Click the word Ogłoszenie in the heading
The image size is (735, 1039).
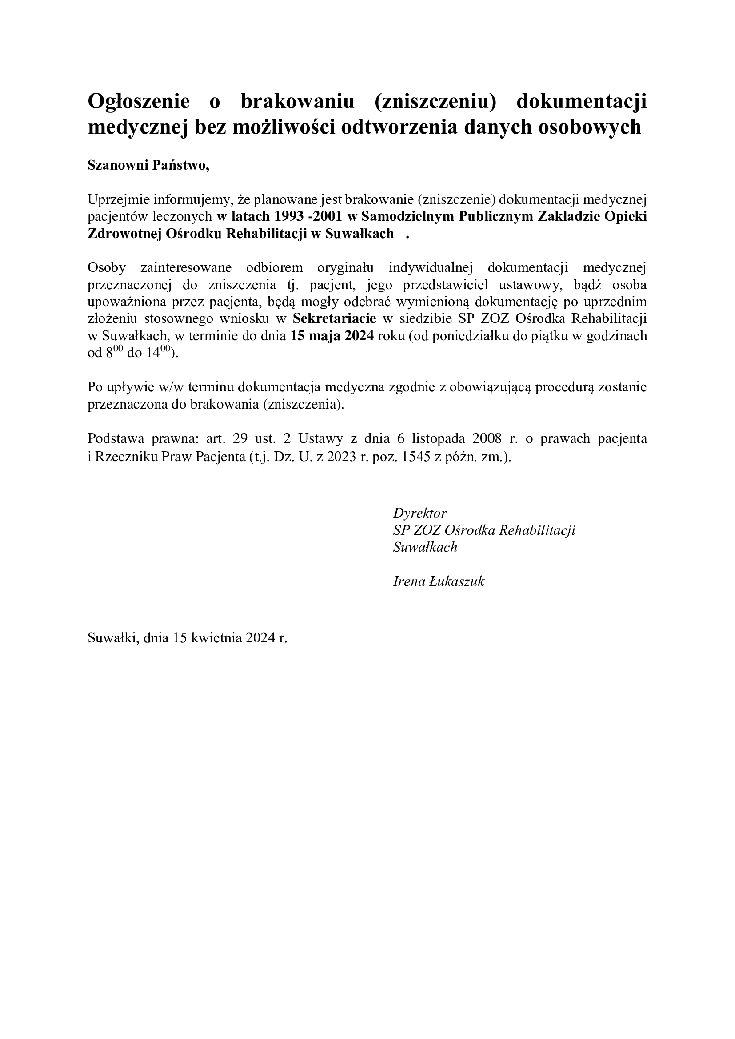coord(139,101)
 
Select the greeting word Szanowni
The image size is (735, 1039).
coord(118,165)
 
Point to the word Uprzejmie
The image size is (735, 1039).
coord(119,199)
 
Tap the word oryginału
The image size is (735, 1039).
coord(345,268)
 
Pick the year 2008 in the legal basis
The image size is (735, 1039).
coord(487,438)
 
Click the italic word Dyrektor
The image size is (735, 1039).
coord(420,513)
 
